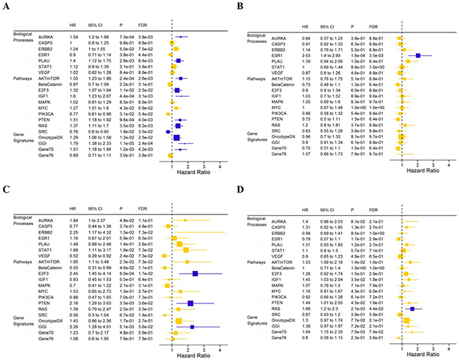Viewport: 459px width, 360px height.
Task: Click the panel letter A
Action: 6,7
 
